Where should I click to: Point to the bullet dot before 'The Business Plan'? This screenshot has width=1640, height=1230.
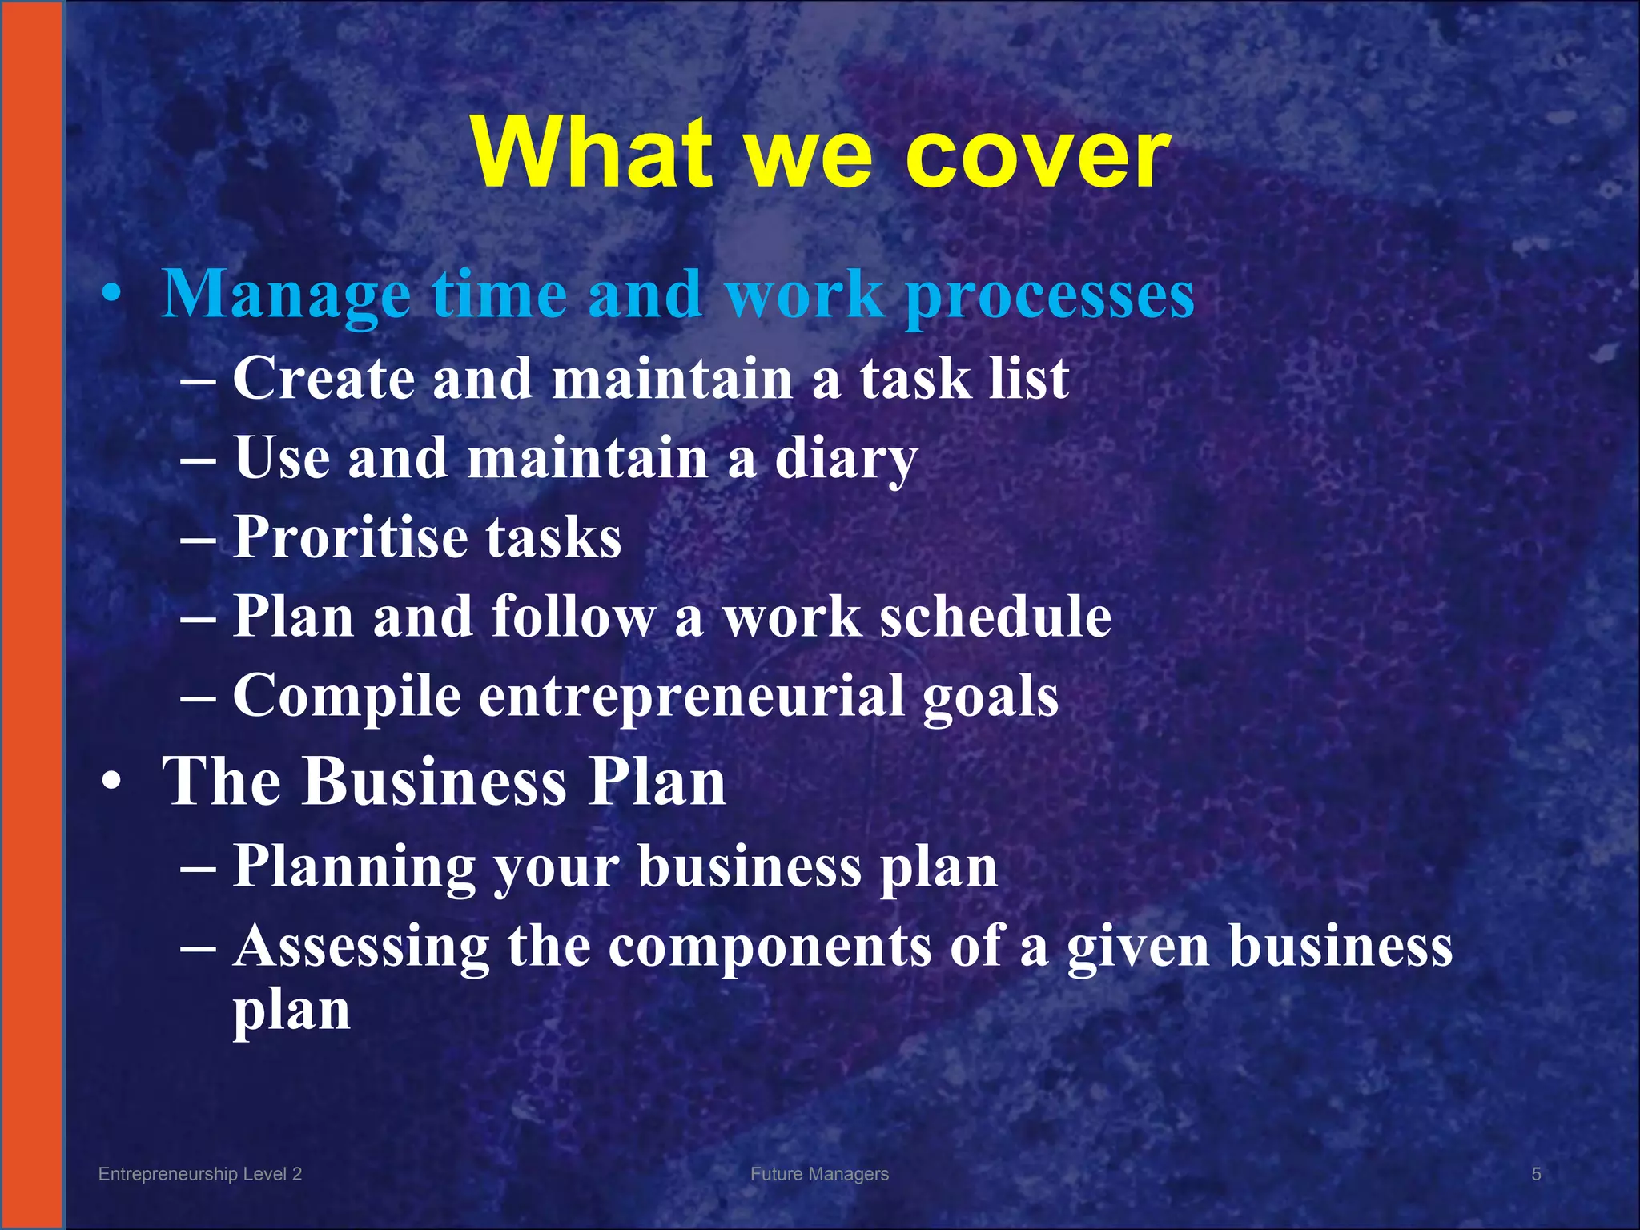coord(112,782)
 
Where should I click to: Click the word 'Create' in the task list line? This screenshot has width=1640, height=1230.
coord(324,379)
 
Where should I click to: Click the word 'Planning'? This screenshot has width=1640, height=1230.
coord(353,868)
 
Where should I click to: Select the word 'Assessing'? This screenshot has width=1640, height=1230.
coord(361,947)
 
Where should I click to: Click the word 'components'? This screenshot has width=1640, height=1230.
coord(769,947)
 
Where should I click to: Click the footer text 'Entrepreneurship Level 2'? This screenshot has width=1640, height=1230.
coord(199,1174)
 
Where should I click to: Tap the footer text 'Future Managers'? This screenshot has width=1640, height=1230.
coord(819,1174)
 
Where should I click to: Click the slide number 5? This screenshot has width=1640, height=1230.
coord(1536,1174)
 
